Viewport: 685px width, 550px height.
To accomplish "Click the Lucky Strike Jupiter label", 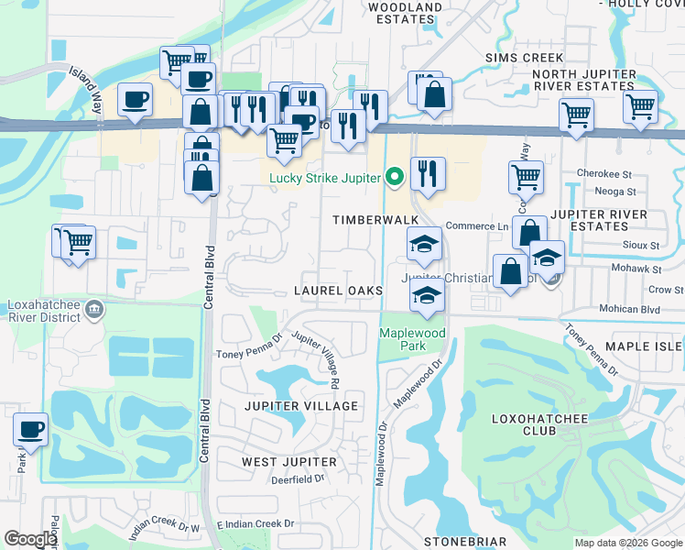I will point(324,177).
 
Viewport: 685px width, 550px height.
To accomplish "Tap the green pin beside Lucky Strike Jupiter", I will point(396,176).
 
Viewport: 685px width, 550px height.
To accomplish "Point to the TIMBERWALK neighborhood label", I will point(375,220).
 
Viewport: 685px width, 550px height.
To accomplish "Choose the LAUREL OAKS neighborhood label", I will point(338,290).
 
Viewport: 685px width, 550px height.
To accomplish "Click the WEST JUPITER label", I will point(289,461).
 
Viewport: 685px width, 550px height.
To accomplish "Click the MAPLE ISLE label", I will point(645,346).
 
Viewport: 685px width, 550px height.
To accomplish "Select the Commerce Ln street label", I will point(476,226).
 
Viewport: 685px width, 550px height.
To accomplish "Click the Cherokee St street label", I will point(605,173).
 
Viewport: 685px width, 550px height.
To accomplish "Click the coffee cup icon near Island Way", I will point(135,97).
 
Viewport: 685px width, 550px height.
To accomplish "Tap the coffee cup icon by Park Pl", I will point(30,429).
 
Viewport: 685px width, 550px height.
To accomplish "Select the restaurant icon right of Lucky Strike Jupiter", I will point(428,172).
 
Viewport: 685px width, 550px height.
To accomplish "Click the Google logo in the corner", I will point(30,539).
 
